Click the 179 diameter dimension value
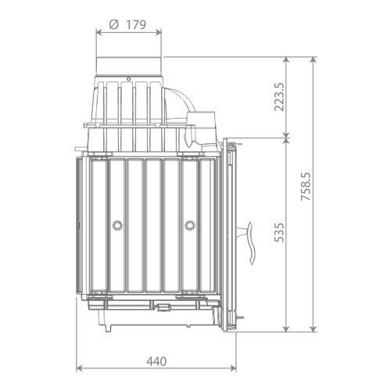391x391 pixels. (136, 25)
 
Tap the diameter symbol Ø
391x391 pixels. (113, 25)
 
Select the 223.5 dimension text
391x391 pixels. (278, 97)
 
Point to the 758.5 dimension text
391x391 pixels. (306, 186)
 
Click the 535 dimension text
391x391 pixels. (279, 232)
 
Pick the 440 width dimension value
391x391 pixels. (156, 361)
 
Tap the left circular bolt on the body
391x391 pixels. (117, 225)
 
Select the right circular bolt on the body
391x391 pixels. (190, 225)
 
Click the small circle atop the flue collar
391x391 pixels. (128, 79)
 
